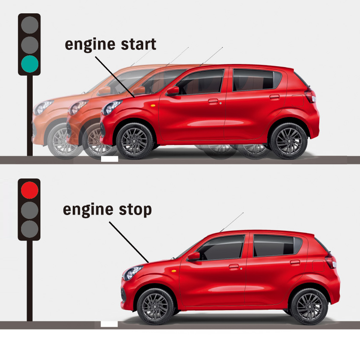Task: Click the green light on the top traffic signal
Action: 29,64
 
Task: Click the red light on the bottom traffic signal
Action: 29,190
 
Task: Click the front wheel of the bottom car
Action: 155,306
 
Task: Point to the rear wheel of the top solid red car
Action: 289,141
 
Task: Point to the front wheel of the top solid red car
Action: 134,141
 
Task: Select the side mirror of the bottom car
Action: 194,256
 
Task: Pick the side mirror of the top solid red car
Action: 173,90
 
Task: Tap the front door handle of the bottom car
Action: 234,267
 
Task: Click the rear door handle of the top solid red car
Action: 274,97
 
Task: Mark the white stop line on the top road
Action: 109,159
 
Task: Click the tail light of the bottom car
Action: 331,261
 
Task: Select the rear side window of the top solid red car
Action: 254,80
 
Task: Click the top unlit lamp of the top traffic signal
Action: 29,25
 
